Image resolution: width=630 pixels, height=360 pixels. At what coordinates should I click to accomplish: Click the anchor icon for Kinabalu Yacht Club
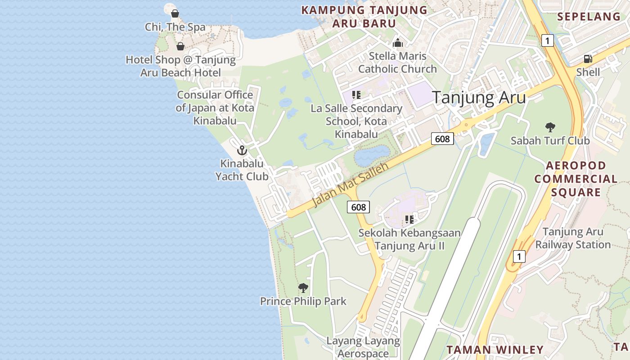242,150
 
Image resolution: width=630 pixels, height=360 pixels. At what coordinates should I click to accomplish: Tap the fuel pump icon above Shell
588,58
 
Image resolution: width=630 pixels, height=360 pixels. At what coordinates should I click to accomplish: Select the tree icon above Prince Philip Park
303,288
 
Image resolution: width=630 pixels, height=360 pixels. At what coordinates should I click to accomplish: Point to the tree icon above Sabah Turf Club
550,127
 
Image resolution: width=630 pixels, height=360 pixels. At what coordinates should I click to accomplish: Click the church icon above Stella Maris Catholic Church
397,43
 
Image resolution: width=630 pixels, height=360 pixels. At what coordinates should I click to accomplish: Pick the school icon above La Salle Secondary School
356,95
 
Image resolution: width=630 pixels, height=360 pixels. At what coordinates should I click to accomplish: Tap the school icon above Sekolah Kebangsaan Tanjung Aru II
409,220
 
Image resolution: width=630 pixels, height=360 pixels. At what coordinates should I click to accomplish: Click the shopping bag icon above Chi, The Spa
175,13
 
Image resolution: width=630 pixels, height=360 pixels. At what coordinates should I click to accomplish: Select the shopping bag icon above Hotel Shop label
180,46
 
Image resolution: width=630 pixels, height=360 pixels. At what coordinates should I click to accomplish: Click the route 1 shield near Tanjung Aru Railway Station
519,256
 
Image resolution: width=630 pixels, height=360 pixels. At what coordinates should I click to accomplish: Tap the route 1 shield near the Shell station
547,40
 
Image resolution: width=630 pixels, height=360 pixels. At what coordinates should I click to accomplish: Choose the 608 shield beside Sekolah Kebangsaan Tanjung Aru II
358,207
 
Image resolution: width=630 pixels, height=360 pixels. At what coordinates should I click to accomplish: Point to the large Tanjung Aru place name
479,97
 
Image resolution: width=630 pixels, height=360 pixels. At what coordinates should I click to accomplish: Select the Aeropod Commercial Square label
576,179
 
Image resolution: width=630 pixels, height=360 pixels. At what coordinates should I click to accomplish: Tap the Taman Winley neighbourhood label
495,350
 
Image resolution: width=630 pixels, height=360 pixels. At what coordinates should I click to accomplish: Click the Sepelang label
589,17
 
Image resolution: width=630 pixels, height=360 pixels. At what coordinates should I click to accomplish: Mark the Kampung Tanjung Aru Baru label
364,17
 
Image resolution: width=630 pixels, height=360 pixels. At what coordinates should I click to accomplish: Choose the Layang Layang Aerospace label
363,347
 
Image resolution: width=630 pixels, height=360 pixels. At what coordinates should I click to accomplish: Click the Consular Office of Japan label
215,108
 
